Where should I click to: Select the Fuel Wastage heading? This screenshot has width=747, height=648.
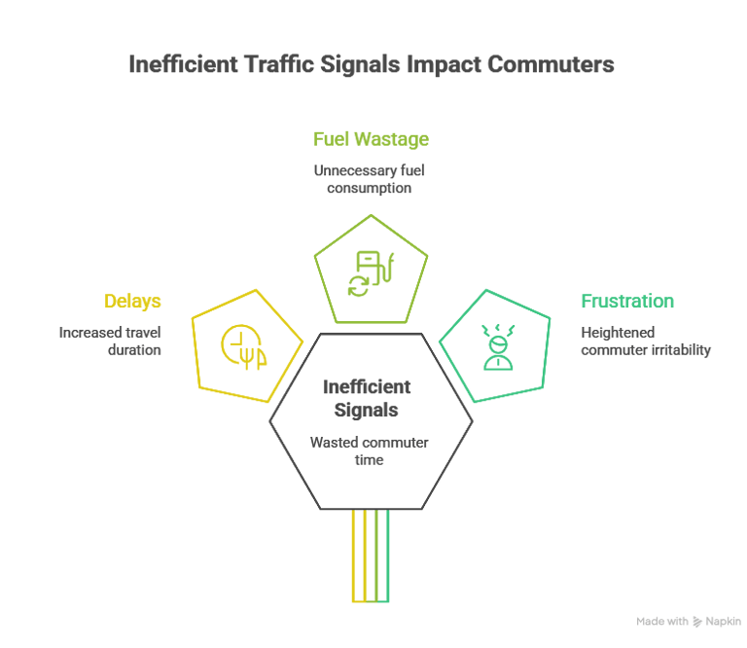[x=371, y=139]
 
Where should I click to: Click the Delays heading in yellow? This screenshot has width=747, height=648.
[x=132, y=302]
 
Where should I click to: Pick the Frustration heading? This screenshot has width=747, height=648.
[x=627, y=302]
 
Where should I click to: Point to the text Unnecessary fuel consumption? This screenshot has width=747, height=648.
[x=370, y=179]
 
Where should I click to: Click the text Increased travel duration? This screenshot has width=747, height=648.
[x=110, y=341]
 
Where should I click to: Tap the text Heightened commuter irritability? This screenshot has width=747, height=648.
[x=645, y=341]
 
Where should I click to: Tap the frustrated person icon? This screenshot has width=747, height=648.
[x=497, y=346]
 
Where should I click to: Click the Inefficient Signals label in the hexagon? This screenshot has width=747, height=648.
[x=367, y=399]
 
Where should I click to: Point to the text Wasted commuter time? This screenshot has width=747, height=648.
[x=370, y=450]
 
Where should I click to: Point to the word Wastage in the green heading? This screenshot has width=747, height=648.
[x=391, y=139]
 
